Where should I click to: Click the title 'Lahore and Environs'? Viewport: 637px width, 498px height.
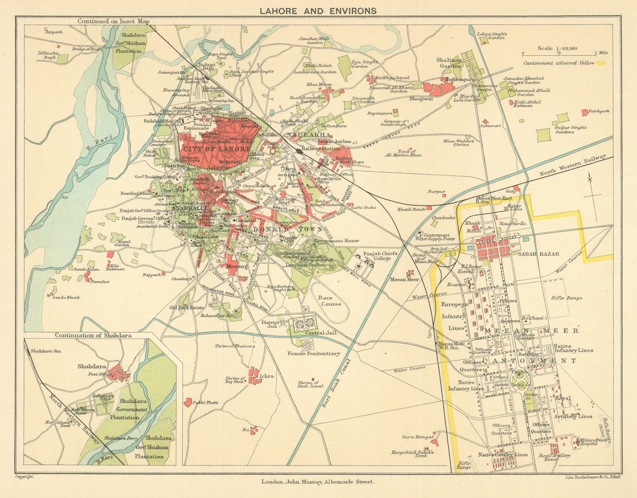[x=318, y=11]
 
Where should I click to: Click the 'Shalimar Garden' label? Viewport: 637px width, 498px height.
[x=449, y=63]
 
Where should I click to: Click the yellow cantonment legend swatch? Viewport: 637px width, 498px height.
[x=601, y=63]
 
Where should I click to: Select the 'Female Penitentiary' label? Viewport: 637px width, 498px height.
[x=314, y=353]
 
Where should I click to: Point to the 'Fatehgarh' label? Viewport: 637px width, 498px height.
[x=599, y=111]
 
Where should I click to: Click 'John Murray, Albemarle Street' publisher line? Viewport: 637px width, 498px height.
[x=318, y=482]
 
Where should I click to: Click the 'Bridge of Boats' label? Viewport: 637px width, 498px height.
[x=87, y=49]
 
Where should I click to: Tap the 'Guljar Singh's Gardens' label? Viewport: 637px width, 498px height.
[x=571, y=130]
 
